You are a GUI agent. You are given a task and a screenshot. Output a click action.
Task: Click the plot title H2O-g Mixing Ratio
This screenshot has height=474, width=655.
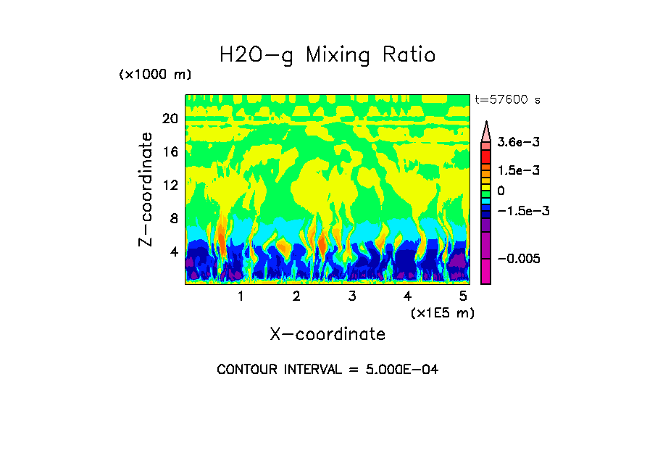coord(327,55)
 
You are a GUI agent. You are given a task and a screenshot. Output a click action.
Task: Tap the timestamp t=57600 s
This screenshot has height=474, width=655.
coord(507,100)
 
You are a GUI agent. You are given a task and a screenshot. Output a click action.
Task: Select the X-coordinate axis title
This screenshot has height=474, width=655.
coord(327,334)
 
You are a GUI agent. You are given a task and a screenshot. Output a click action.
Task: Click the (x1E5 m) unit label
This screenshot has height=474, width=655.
coord(442,312)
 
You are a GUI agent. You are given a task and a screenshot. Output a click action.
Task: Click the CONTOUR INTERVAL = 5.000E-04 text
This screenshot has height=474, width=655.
coord(327,370)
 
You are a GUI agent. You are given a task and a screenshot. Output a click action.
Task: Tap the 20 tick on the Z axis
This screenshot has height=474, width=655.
coord(170,119)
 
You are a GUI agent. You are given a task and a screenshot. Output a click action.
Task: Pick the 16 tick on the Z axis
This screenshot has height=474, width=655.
coord(170,152)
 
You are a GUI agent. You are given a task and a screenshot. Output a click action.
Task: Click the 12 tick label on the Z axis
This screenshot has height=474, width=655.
coord(170,186)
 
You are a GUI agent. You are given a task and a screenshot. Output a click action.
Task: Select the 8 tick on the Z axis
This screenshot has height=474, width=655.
coord(174,218)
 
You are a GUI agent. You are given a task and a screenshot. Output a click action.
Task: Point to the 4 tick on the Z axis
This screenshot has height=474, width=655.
coord(174,251)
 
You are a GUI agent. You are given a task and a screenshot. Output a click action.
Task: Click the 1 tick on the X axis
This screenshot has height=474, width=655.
coord(241,296)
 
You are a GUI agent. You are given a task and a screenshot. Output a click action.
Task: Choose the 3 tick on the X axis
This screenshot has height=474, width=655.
coord(352,296)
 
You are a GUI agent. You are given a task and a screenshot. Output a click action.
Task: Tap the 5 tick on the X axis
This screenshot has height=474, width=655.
coord(463,296)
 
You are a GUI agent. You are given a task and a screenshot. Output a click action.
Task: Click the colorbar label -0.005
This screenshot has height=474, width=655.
coord(519,259)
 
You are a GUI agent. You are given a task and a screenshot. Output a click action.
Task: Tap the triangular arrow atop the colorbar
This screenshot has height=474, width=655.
coord(486,130)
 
